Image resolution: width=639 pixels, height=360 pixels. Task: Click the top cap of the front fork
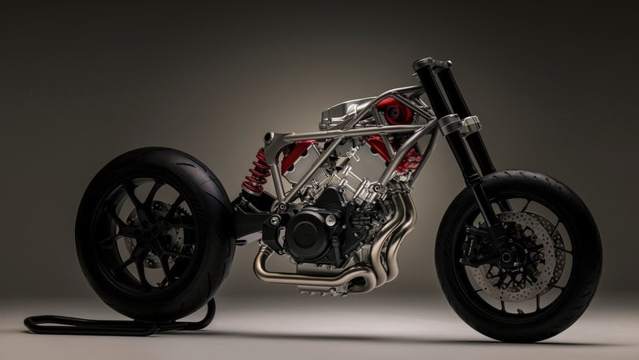424,62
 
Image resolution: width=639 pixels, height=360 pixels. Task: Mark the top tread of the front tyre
521,176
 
